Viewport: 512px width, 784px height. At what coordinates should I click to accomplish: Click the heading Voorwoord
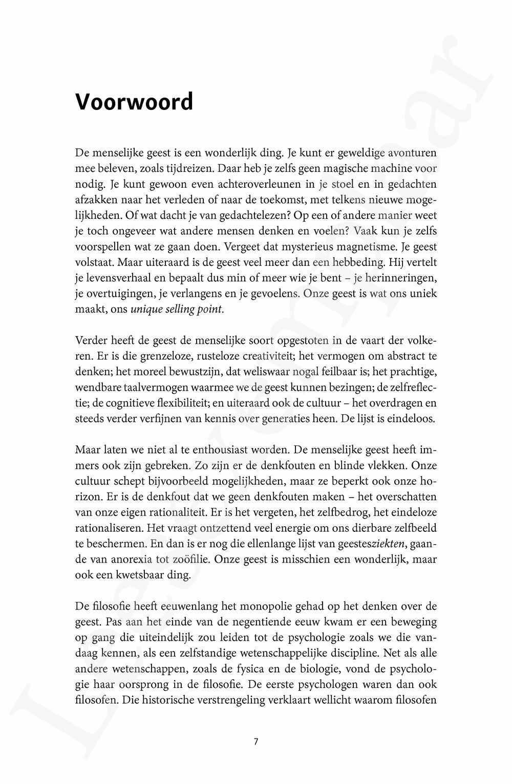pos(134,102)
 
